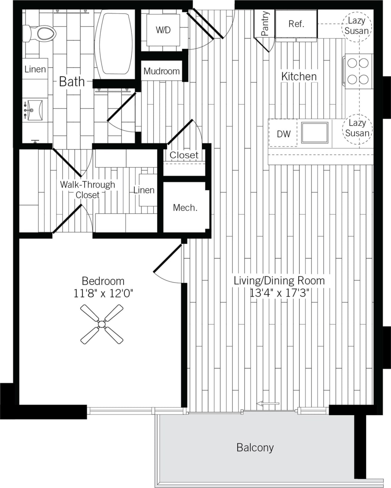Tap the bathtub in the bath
115,43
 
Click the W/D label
163,30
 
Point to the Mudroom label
161,71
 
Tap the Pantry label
265,24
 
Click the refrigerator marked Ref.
296,24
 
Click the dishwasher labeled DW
283,134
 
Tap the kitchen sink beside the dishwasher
315,132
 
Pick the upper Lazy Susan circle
357,26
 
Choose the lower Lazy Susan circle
357,128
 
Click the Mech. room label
185,208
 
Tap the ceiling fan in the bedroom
102,324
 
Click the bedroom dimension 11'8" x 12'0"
103,293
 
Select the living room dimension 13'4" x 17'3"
279,293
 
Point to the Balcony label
255,447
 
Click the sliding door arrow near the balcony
269,403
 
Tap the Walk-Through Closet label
87,189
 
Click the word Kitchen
299,76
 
